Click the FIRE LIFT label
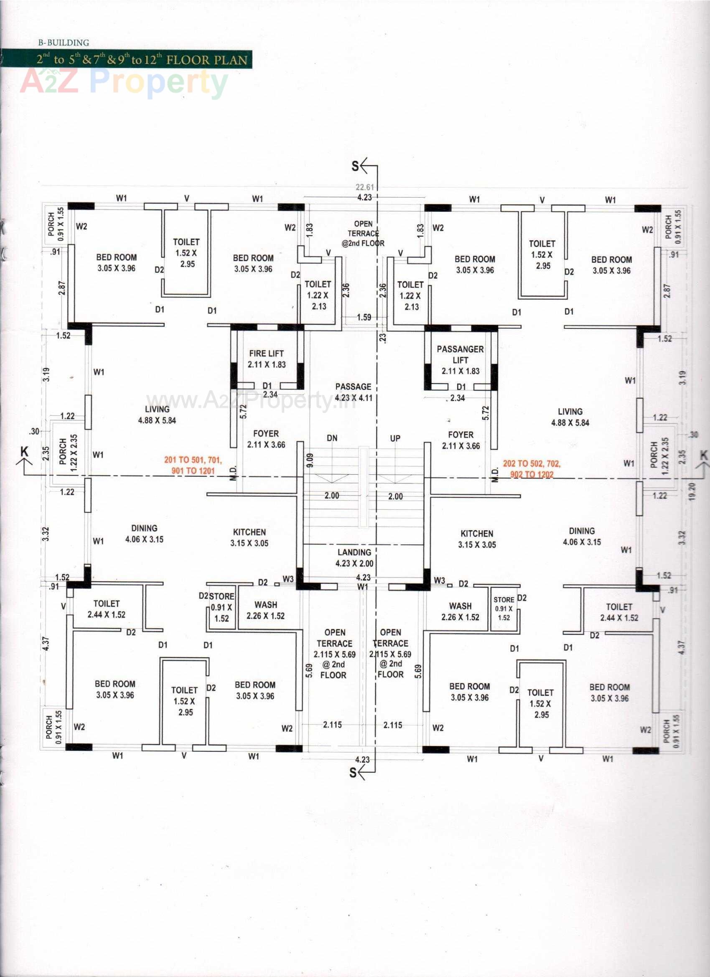(266, 359)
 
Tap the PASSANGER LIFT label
(460, 360)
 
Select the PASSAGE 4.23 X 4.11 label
(353, 392)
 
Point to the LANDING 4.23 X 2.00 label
(354, 557)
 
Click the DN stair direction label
(332, 438)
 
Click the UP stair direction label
(395, 438)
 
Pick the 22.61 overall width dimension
(364, 187)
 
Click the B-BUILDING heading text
(64, 43)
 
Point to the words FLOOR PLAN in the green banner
(207, 59)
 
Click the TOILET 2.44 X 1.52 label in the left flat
(107, 609)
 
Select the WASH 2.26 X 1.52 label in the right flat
(460, 611)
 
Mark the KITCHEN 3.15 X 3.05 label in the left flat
(249, 537)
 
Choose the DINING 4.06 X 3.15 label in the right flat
(582, 536)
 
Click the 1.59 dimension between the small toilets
(364, 317)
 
